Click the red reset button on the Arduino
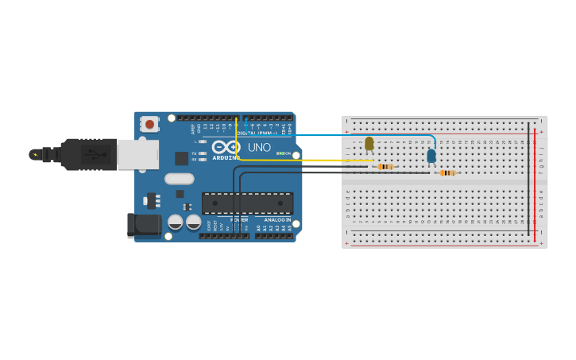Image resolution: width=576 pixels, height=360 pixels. [x=149, y=124]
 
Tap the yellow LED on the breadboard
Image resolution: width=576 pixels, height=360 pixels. [x=369, y=144]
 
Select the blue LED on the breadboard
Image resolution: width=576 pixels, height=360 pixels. [x=431, y=156]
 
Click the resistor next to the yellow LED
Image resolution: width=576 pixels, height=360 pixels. [x=385, y=166]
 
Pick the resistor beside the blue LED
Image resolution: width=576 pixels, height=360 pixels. [x=447, y=172]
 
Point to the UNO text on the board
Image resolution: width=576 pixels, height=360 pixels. [x=259, y=147]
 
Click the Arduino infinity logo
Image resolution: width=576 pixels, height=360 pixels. [x=226, y=147]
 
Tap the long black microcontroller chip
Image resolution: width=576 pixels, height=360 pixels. [x=247, y=203]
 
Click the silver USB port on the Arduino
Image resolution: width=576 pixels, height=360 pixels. [x=137, y=154]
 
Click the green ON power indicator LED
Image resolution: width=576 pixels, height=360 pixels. [x=279, y=153]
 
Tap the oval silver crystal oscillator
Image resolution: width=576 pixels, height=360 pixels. [x=180, y=179]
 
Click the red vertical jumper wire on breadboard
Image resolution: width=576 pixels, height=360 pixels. [x=535, y=183]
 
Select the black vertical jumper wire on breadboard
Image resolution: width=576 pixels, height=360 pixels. [x=528, y=183]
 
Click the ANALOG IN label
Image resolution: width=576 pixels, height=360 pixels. [x=277, y=219]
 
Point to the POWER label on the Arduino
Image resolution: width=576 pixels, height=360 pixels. [x=239, y=219]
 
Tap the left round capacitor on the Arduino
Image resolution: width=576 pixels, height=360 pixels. [x=176, y=222]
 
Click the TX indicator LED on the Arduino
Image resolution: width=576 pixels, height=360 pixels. [x=203, y=153]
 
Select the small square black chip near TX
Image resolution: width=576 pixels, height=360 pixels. [x=182, y=157]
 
